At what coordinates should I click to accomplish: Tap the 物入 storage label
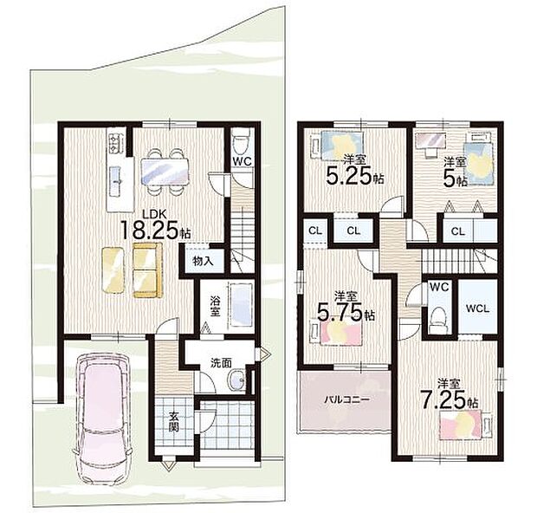[x=203, y=262]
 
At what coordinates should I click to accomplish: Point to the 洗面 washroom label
[x=221, y=363]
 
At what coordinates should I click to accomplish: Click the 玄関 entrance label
[x=174, y=421]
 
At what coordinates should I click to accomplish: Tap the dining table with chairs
[x=165, y=172]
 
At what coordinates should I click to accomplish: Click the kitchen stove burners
[x=113, y=143]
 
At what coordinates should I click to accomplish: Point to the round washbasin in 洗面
[x=236, y=380]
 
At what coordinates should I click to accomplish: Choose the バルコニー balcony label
[x=346, y=399]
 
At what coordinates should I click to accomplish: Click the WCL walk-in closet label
[x=477, y=308]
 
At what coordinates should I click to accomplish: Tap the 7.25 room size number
[x=443, y=399]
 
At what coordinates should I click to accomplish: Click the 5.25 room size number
[x=349, y=176]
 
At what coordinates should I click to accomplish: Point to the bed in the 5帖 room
[x=479, y=160]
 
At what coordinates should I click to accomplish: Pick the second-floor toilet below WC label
[x=438, y=319]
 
